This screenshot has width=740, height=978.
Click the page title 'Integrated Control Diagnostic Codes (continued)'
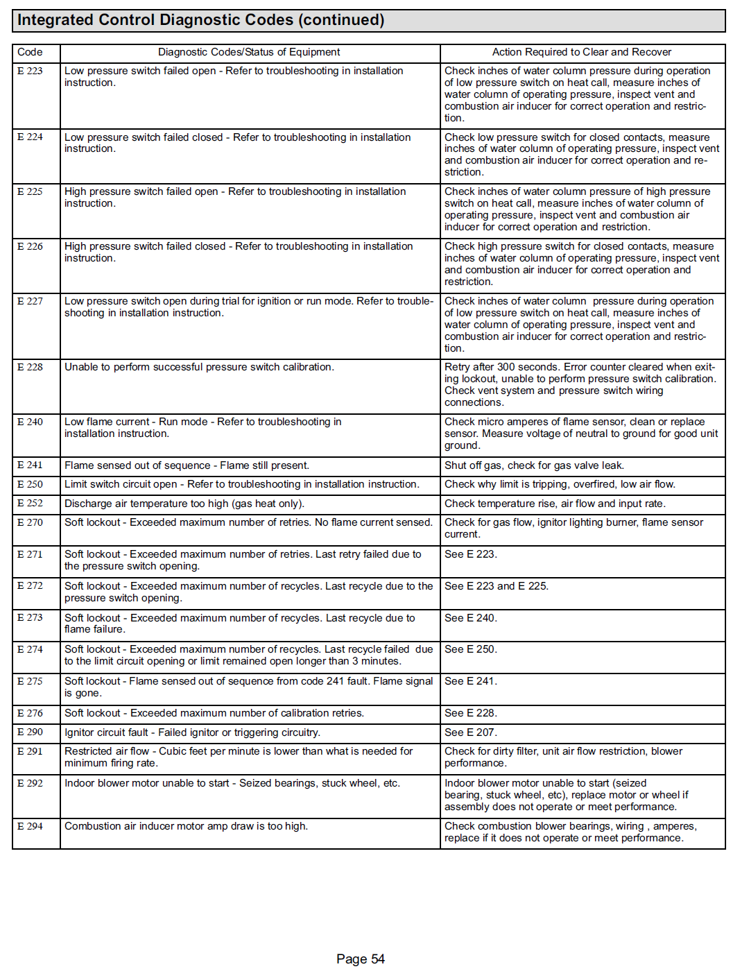click(200, 20)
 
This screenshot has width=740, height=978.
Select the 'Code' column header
click(30, 52)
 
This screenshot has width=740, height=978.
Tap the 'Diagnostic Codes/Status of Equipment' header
click(249, 52)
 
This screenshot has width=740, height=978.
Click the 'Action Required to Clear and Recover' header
click(581, 52)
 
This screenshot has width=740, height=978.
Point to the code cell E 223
click(30, 71)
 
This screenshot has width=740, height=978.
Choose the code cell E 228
click(30, 367)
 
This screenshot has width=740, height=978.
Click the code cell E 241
click(30, 465)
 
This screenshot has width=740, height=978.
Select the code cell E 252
click(30, 504)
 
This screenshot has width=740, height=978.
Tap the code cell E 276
click(30, 713)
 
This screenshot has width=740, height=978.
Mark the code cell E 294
click(30, 826)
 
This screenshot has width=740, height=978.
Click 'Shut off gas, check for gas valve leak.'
click(534, 465)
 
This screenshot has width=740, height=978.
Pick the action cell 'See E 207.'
click(471, 732)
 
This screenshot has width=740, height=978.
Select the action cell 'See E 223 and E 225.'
click(497, 586)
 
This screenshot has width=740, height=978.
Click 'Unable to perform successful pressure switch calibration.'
click(199, 367)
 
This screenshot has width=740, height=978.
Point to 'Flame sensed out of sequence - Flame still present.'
click(187, 465)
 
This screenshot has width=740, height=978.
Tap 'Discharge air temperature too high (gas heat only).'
click(184, 504)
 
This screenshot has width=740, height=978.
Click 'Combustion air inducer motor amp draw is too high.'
click(186, 826)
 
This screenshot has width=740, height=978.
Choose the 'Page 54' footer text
click(360, 959)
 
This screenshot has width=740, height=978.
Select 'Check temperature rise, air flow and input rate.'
click(555, 504)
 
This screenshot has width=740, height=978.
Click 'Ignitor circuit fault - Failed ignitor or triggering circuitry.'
click(192, 732)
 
